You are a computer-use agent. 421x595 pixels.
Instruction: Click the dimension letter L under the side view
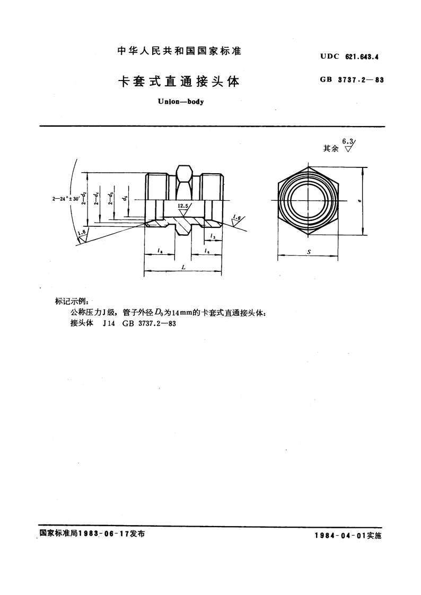[x=183, y=267]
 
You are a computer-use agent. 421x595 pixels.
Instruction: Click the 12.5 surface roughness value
[x=182, y=205]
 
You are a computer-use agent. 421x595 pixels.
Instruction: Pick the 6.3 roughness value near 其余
[x=347, y=141]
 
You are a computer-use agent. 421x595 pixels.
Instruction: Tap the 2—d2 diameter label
[x=84, y=199]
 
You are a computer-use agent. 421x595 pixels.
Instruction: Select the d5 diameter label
[x=124, y=199]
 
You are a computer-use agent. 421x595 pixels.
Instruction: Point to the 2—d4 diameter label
[x=97, y=199]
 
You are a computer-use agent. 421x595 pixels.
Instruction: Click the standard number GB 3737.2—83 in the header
[x=352, y=79]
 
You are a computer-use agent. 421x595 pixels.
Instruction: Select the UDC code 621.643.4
[x=362, y=57]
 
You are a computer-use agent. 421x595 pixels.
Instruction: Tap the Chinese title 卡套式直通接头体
[x=179, y=82]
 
